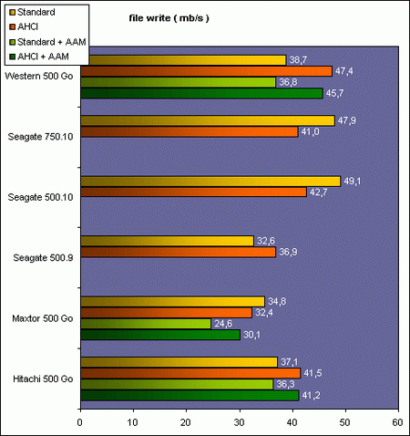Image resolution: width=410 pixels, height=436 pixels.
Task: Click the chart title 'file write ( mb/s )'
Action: [x=169, y=19]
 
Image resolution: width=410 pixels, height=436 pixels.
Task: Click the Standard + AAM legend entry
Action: [x=46, y=41]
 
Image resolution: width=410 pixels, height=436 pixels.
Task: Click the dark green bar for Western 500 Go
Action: [x=201, y=93]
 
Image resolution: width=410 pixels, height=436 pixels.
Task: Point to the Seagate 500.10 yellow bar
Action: [x=210, y=181]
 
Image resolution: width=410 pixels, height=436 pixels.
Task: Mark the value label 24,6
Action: [x=223, y=324]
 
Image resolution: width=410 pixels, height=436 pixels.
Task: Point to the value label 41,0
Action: [x=310, y=132]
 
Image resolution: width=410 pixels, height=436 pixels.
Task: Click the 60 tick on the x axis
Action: [x=397, y=422]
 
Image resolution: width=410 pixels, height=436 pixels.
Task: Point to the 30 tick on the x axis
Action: [x=239, y=422]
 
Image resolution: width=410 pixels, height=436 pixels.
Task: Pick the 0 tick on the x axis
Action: [x=81, y=422]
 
